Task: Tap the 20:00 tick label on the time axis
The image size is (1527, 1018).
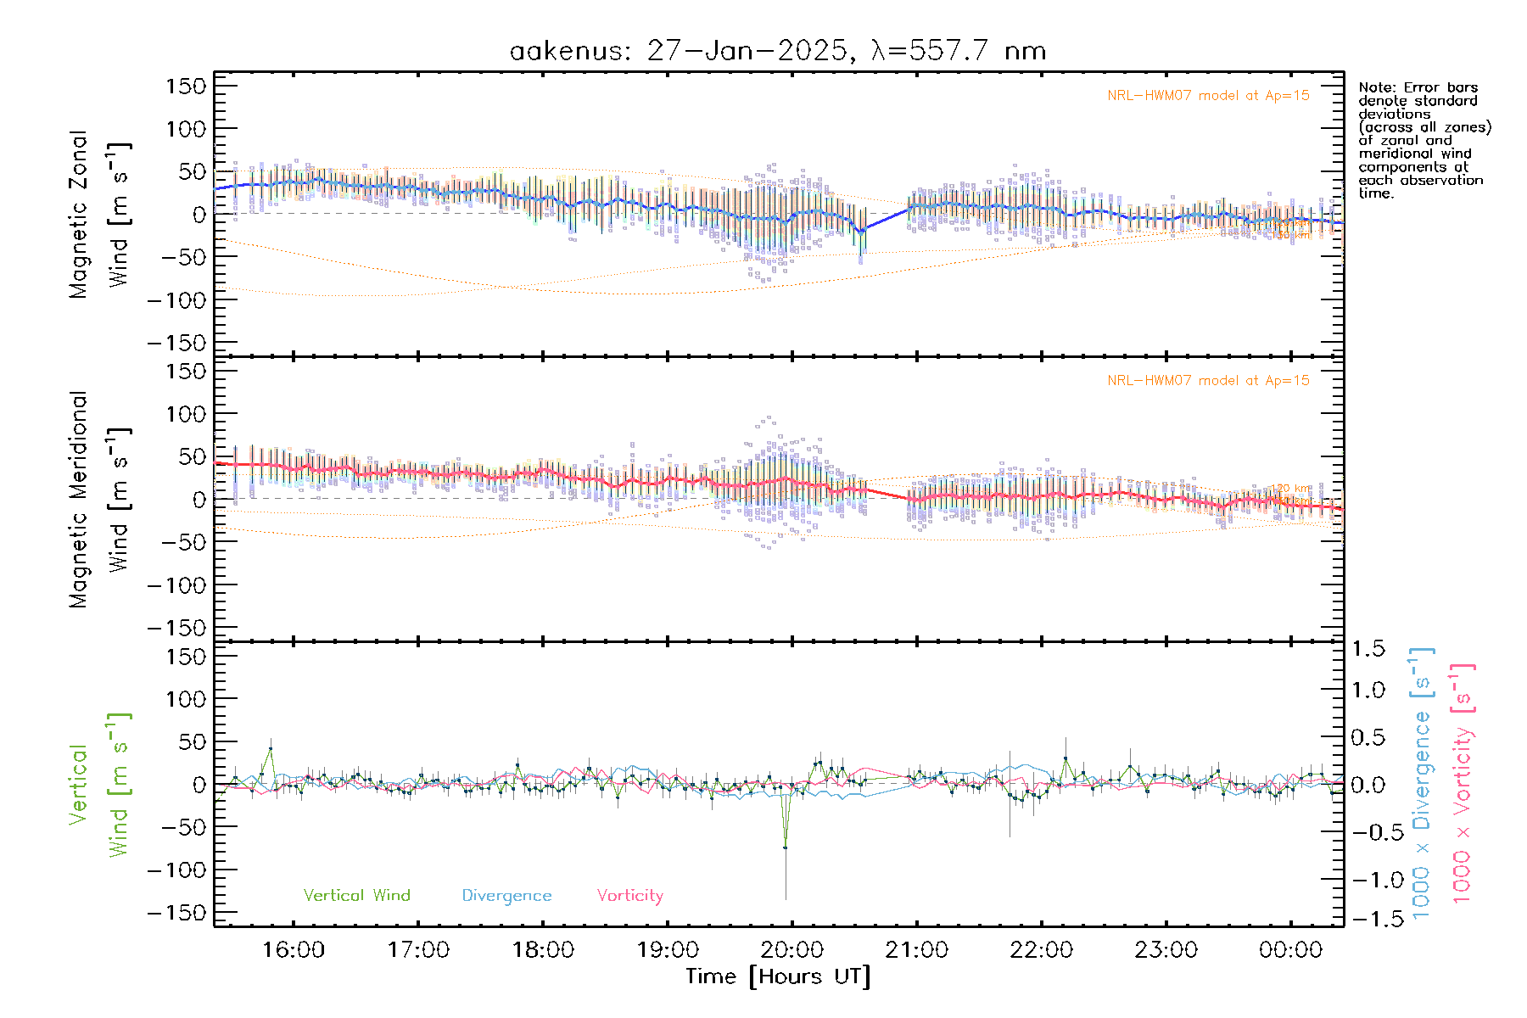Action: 792,950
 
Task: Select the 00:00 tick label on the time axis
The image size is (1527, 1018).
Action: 1290,950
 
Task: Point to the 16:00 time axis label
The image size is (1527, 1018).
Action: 294,950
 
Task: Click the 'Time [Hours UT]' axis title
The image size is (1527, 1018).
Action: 778,976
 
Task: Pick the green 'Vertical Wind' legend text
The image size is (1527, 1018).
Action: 356,896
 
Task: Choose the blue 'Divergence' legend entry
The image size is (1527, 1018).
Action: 506,896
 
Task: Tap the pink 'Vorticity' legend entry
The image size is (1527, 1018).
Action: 629,896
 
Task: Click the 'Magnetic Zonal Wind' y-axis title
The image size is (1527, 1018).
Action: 100,214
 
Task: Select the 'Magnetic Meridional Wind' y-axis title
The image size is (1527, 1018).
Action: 100,499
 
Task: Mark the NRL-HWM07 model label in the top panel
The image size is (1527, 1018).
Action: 1208,96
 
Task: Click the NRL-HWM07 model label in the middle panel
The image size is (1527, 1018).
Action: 1208,381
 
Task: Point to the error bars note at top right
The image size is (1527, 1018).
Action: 1424,140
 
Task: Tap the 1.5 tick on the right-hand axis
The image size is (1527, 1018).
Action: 1368,649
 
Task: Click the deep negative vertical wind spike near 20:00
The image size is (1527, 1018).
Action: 786,847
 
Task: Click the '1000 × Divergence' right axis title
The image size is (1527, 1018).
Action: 1422,782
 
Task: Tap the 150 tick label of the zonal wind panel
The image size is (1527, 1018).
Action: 186,86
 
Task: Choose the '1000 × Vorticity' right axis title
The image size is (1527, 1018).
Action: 1463,782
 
